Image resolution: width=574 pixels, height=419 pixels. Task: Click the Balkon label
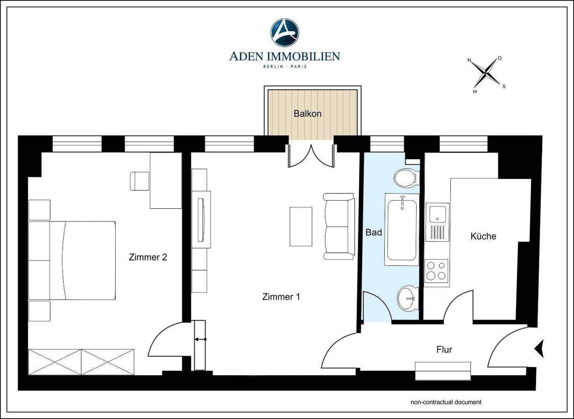tap(307, 114)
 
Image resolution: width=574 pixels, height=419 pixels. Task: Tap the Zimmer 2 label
tap(148, 257)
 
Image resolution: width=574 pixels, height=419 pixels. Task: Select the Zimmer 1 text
tap(281, 297)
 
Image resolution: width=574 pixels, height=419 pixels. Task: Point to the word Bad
tap(373, 232)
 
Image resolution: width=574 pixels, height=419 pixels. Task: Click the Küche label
tap(483, 236)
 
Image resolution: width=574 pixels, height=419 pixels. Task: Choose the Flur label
tap(444, 350)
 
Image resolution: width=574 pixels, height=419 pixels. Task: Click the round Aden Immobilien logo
tap(285, 33)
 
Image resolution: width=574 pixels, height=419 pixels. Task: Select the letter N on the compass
tap(470, 60)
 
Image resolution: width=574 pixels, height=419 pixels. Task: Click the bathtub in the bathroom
tap(402, 230)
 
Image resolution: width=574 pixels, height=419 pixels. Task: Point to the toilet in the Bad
tap(407, 177)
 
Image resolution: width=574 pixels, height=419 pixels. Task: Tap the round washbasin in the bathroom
tap(408, 298)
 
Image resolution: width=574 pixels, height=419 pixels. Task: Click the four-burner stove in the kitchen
tap(437, 273)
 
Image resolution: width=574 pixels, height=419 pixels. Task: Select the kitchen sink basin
tap(438, 213)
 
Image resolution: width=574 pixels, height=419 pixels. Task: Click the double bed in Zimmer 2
tap(72, 261)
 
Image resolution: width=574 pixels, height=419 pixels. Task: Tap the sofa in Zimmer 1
tap(339, 226)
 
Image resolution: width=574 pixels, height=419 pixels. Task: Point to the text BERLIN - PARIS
tap(285, 66)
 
